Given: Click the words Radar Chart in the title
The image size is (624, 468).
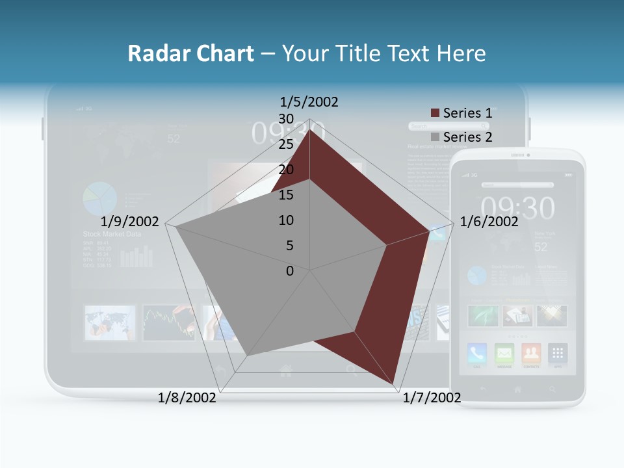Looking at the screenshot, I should pos(190,53).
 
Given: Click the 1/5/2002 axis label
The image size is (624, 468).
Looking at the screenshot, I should pos(309,101).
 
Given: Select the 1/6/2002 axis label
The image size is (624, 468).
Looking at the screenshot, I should pos(489,222).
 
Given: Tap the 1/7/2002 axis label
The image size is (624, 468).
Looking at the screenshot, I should pos(432,397).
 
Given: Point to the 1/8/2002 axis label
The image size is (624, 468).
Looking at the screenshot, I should pos(187,397).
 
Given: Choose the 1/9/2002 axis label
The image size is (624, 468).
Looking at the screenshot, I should pos(130,222).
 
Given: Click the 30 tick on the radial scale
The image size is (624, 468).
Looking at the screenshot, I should pos(286,118).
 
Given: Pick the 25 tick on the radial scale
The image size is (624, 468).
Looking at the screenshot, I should pos(286,144).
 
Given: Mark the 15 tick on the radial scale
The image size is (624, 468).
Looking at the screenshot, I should pos(286,194).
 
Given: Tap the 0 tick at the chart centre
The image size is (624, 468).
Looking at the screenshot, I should pos(290,270).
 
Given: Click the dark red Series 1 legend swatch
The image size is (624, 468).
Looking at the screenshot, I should pos(435,113).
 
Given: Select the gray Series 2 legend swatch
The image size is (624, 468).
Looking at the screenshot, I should pos(435,137).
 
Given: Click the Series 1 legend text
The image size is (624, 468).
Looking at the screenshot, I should pos(467,113).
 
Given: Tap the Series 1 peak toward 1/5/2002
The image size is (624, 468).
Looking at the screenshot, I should pos(310,129).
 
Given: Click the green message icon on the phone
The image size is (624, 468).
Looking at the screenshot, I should pos(504,354).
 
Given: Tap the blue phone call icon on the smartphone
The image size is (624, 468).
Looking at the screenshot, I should pos(478,354).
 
